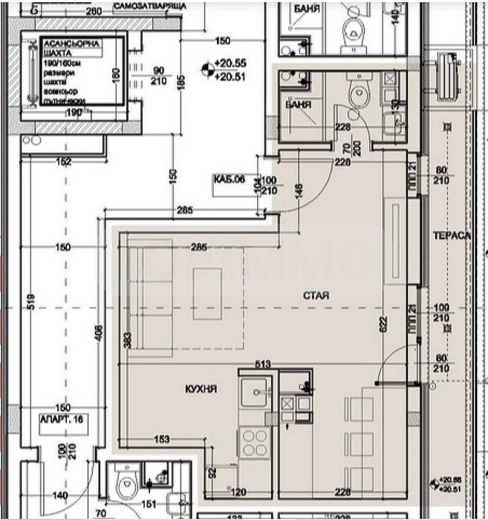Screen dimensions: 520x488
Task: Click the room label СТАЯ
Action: (316, 295)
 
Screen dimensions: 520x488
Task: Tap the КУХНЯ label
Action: (201, 388)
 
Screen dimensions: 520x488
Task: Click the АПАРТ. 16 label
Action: (64, 420)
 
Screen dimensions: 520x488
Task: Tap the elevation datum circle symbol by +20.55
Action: (206, 70)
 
